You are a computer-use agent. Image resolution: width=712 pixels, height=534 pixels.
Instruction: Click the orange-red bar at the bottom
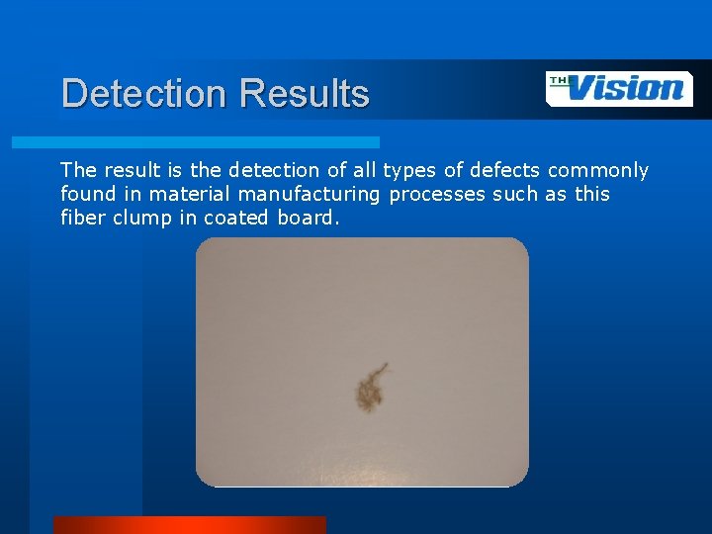(x=189, y=524)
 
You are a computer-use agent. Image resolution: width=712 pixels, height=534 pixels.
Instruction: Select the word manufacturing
(x=310, y=194)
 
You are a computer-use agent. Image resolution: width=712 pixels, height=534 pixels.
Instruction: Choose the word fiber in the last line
(x=82, y=218)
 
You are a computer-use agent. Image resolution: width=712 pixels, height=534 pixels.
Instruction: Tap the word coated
(x=237, y=218)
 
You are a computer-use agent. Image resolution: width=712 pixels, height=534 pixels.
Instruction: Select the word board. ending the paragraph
(x=309, y=218)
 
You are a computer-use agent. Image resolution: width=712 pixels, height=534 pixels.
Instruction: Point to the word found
(x=87, y=194)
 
